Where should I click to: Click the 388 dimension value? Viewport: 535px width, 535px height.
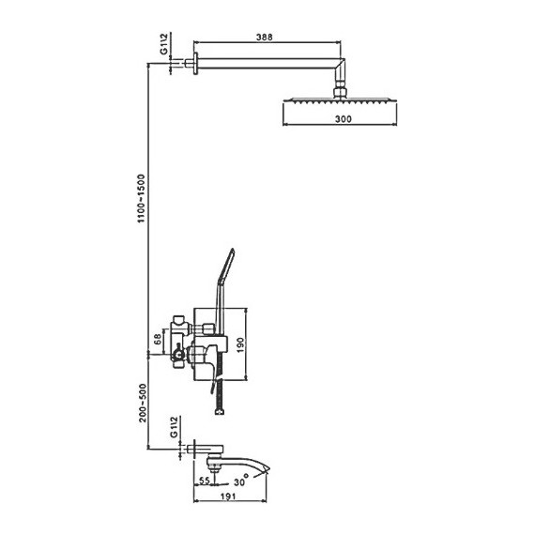265,37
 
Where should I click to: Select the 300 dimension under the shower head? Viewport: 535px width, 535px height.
343,119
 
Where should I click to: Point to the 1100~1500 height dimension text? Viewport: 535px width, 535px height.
141,199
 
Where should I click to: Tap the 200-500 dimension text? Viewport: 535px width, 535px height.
143,403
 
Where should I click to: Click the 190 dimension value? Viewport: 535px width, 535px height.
240,345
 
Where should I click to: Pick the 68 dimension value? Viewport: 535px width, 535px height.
158,339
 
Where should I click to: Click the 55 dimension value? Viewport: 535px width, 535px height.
204,481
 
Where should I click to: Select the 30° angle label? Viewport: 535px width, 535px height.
241,481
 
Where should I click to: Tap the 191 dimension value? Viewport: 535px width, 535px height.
228,497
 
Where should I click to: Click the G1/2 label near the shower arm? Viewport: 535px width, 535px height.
164,44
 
